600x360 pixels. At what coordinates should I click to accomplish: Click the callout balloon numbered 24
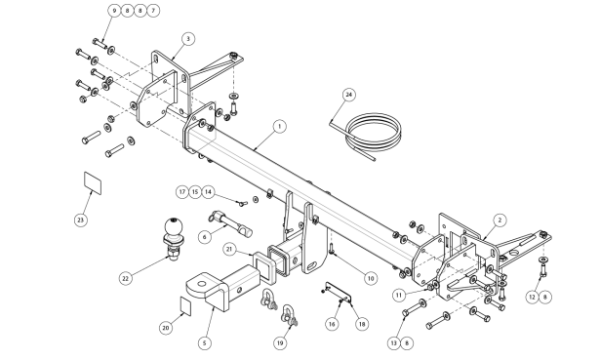click(x=348, y=95)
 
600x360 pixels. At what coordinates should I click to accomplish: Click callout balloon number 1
click(x=280, y=126)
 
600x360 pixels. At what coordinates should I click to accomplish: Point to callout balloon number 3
click(x=188, y=39)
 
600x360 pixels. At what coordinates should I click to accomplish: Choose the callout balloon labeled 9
click(x=114, y=11)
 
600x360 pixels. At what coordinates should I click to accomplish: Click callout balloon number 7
click(x=153, y=11)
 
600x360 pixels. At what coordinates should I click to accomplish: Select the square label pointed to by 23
click(x=93, y=183)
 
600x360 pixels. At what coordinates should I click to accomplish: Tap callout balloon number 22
click(x=126, y=278)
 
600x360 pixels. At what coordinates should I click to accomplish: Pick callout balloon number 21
click(x=229, y=250)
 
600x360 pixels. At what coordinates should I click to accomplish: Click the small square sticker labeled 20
click(x=185, y=306)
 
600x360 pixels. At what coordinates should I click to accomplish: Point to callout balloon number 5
click(x=204, y=342)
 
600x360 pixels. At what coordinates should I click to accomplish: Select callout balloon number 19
click(x=280, y=342)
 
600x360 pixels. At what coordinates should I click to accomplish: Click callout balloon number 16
click(x=332, y=324)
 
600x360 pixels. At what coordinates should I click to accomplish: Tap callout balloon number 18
click(x=362, y=324)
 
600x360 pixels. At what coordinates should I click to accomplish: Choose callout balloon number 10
click(x=371, y=278)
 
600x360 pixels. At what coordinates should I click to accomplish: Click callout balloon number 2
click(x=500, y=220)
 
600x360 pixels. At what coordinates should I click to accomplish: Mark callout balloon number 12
click(x=533, y=297)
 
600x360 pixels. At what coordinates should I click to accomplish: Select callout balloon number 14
click(x=208, y=191)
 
